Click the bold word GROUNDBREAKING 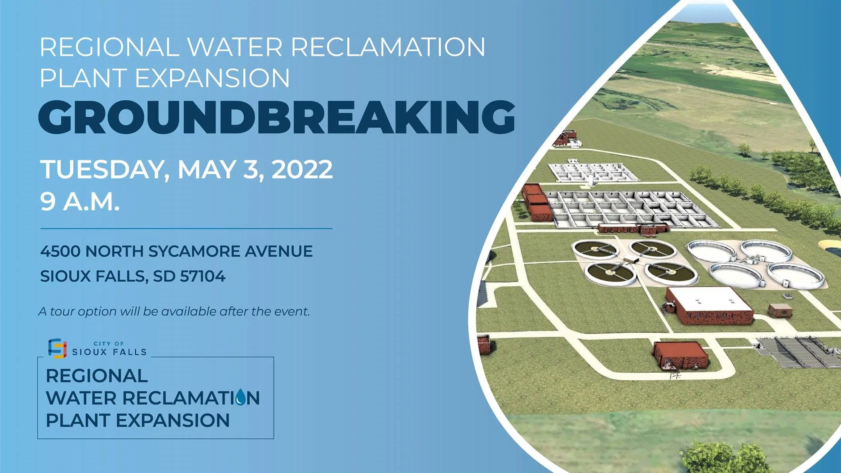tap(277, 117)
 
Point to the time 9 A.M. tap(80, 201)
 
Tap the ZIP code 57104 tap(203, 276)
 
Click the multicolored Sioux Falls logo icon tap(57, 348)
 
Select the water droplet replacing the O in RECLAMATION tap(241, 397)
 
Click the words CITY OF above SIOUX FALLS tap(109, 344)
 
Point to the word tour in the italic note tap(63, 311)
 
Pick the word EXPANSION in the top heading tap(213, 78)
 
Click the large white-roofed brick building tap(709, 305)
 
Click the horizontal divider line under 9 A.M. tap(186, 229)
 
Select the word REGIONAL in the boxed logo tap(97, 376)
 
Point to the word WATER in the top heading tap(235, 47)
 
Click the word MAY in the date tap(206, 169)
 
